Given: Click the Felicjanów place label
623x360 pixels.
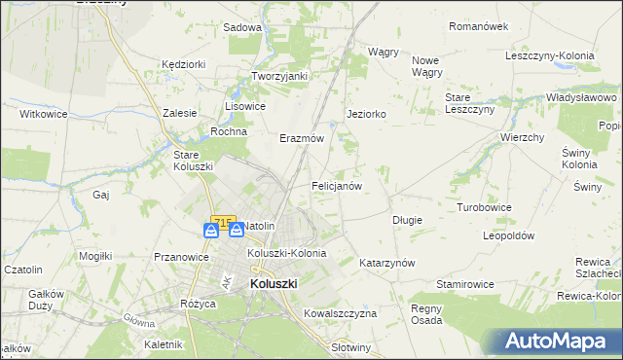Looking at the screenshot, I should (x=337, y=185).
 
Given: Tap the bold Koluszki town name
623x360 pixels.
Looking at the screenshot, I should (x=274, y=283).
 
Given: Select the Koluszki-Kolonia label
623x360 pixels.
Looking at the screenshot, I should (x=286, y=253).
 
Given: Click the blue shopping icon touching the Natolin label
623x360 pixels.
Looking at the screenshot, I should (x=236, y=231).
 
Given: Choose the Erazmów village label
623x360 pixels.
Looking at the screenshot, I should (x=302, y=138).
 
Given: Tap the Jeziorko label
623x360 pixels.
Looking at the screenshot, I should (x=367, y=114).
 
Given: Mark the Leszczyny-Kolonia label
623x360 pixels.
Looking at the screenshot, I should (x=550, y=55).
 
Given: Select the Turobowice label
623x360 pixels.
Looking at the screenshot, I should (x=485, y=207).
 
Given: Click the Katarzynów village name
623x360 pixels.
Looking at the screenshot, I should (x=387, y=263).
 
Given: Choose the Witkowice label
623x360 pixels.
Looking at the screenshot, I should (x=42, y=114).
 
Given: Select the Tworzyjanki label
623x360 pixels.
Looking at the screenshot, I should (x=279, y=76).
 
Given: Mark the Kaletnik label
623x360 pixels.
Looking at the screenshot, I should (x=163, y=344).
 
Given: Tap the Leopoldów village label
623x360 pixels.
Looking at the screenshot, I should (x=509, y=236).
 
